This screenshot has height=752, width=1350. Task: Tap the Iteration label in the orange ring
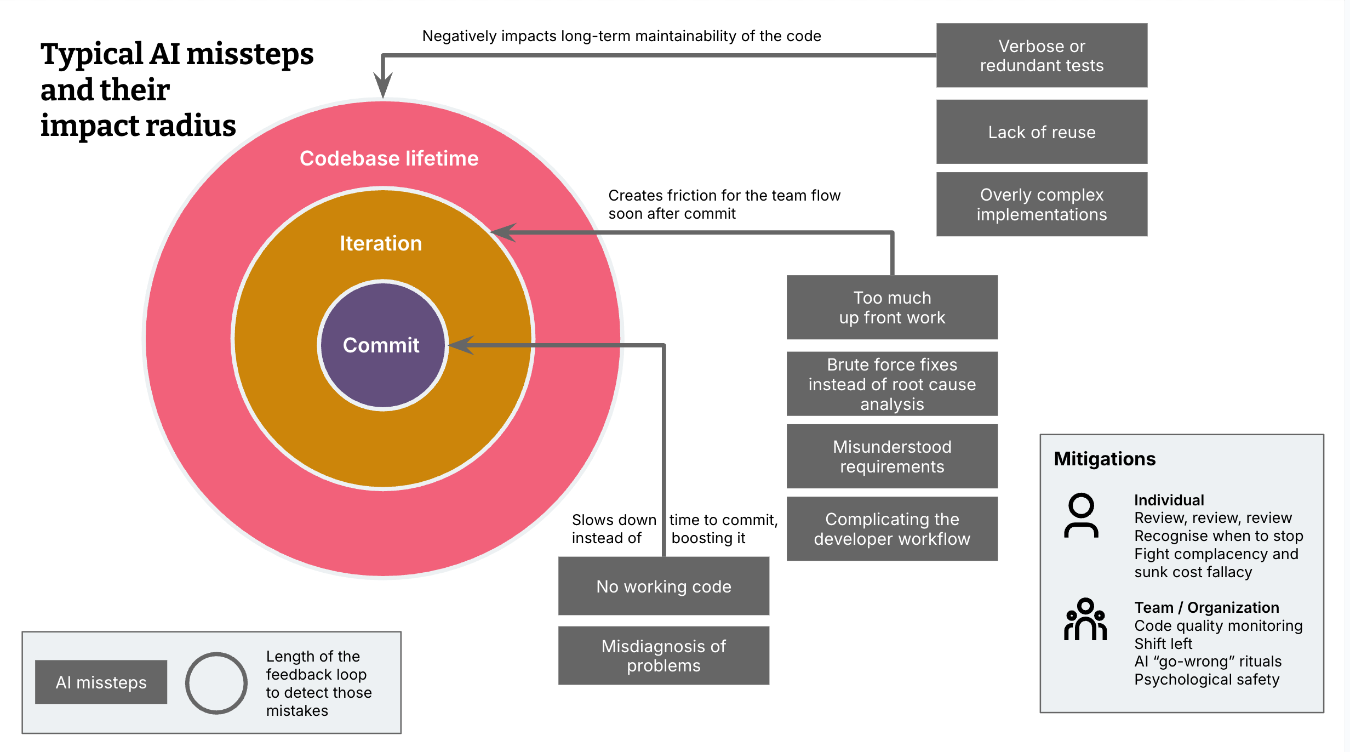click(x=381, y=243)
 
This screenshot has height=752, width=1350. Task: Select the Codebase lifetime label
click(x=389, y=158)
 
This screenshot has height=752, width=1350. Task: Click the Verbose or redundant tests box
click(x=1041, y=55)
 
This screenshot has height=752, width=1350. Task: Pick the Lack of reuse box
click(x=1041, y=132)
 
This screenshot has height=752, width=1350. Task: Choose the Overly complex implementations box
click(x=1041, y=204)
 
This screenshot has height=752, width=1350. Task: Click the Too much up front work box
click(x=891, y=307)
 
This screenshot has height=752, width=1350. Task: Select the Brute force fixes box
click(x=891, y=384)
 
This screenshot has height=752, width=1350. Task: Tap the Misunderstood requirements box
click(x=891, y=456)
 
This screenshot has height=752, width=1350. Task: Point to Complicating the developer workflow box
click(x=891, y=528)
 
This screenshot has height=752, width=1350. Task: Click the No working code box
click(x=663, y=586)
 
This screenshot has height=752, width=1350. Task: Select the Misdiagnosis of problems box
click(x=663, y=656)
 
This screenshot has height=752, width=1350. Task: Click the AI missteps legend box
click(x=101, y=682)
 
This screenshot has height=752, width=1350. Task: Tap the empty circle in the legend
click(x=216, y=683)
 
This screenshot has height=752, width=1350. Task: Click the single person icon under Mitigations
click(x=1081, y=516)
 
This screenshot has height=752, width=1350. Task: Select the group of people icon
click(x=1085, y=619)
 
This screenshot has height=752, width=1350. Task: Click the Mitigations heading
click(x=1104, y=459)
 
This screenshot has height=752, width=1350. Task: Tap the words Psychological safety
click(x=1206, y=680)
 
